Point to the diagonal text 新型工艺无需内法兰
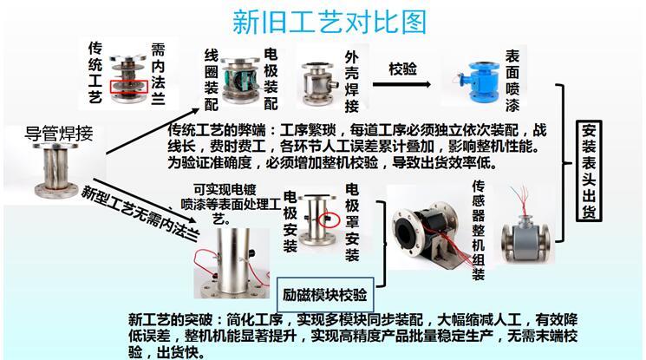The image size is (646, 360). (x=142, y=215)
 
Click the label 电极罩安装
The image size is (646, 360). (x=352, y=221)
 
